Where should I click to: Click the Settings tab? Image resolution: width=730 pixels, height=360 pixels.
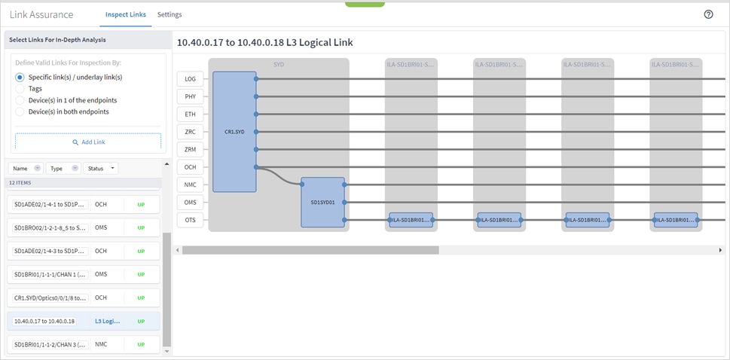(x=170, y=14)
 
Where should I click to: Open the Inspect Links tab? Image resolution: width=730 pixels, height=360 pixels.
(x=125, y=14)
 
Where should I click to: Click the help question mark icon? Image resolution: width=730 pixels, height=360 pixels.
(x=708, y=14)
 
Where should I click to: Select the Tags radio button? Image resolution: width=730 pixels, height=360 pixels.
(x=20, y=88)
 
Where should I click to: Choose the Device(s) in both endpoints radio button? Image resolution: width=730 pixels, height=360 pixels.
(x=20, y=111)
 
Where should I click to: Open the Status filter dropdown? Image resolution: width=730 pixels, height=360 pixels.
(x=101, y=168)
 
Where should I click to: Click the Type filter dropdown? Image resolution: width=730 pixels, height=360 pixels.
(x=63, y=168)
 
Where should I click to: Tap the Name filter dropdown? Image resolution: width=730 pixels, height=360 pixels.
(x=26, y=168)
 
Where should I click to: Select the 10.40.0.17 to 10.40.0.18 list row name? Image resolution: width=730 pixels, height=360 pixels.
(x=45, y=321)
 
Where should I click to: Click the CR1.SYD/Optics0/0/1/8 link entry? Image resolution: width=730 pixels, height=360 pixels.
(x=50, y=297)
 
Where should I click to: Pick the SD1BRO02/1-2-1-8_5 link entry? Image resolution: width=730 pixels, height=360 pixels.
(x=50, y=227)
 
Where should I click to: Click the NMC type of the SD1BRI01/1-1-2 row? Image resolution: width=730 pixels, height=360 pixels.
(x=101, y=344)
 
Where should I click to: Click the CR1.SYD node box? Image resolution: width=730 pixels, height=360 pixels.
(x=234, y=131)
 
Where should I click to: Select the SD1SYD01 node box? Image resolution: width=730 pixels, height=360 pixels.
(x=322, y=202)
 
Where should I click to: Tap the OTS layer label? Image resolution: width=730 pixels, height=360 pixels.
(x=190, y=220)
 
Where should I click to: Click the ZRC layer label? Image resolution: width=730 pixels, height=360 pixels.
(x=190, y=131)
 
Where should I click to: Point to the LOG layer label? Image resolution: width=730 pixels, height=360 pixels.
(x=190, y=78)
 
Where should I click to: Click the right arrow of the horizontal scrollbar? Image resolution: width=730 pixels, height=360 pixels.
(x=720, y=250)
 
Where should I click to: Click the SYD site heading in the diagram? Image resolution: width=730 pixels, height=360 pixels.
(x=279, y=65)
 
